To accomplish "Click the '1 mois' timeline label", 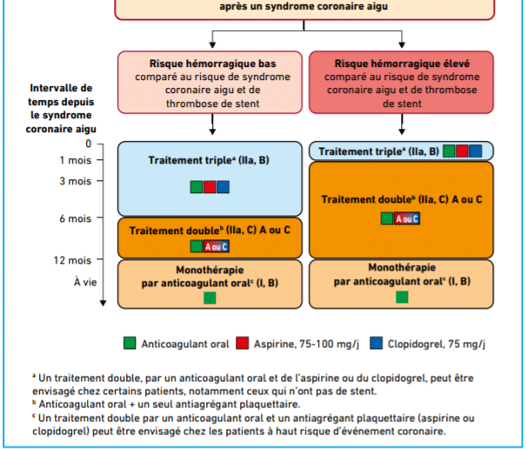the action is pyautogui.click(x=76, y=160).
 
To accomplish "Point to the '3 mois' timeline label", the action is pyautogui.click(x=76, y=181).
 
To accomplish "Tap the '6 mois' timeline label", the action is pyautogui.click(x=76, y=218).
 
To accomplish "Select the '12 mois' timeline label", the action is pyautogui.click(x=72, y=260).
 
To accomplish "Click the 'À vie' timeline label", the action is pyautogui.click(x=85, y=282).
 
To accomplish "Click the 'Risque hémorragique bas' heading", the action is pyautogui.click(x=213, y=64).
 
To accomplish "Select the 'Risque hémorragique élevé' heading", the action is pyautogui.click(x=402, y=64).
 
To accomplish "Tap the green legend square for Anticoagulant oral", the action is pyautogui.click(x=130, y=344).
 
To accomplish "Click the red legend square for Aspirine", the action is pyautogui.click(x=243, y=344).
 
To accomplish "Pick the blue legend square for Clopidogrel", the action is pyautogui.click(x=376, y=344).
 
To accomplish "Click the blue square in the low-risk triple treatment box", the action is pyautogui.click(x=223, y=187).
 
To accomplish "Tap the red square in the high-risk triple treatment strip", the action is pyautogui.click(x=462, y=151).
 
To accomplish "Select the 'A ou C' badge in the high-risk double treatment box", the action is pyautogui.click(x=407, y=218).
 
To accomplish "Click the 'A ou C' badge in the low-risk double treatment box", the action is pyautogui.click(x=217, y=246).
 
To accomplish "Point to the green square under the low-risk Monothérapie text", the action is pyautogui.click(x=210, y=298).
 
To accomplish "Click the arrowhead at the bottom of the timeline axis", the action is pyautogui.click(x=103, y=303).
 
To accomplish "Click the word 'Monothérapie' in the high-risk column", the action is pyautogui.click(x=402, y=268).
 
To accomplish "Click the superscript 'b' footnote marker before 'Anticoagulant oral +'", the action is pyautogui.click(x=34, y=402).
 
